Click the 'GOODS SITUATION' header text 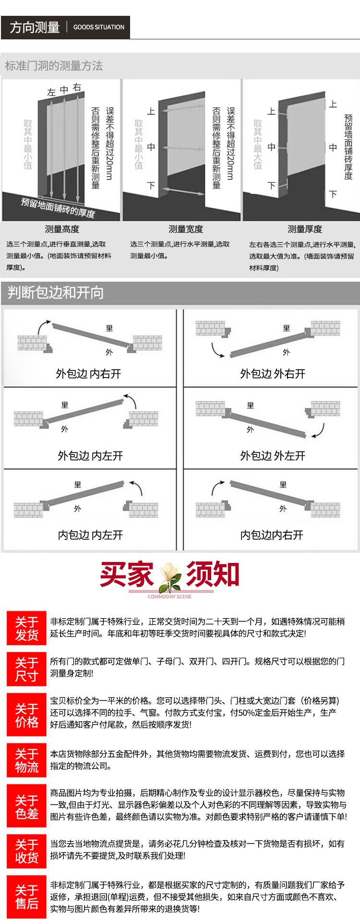(x=98, y=27)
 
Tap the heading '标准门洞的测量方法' (x=54, y=66)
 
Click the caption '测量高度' (x=62, y=229)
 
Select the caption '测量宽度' (x=186, y=229)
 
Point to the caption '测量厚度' (x=305, y=229)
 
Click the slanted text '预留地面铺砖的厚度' (x=58, y=207)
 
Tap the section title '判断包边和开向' (x=56, y=292)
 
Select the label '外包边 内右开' (x=89, y=373)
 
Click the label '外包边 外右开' (x=272, y=373)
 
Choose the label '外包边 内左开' (x=90, y=455)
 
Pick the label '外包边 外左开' (x=272, y=455)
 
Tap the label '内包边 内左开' (x=90, y=535)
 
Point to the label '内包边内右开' (x=272, y=535)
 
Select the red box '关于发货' (x=26, y=629)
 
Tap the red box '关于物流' (x=26, y=761)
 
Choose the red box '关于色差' (x=26, y=807)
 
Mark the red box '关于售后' (x=26, y=897)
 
